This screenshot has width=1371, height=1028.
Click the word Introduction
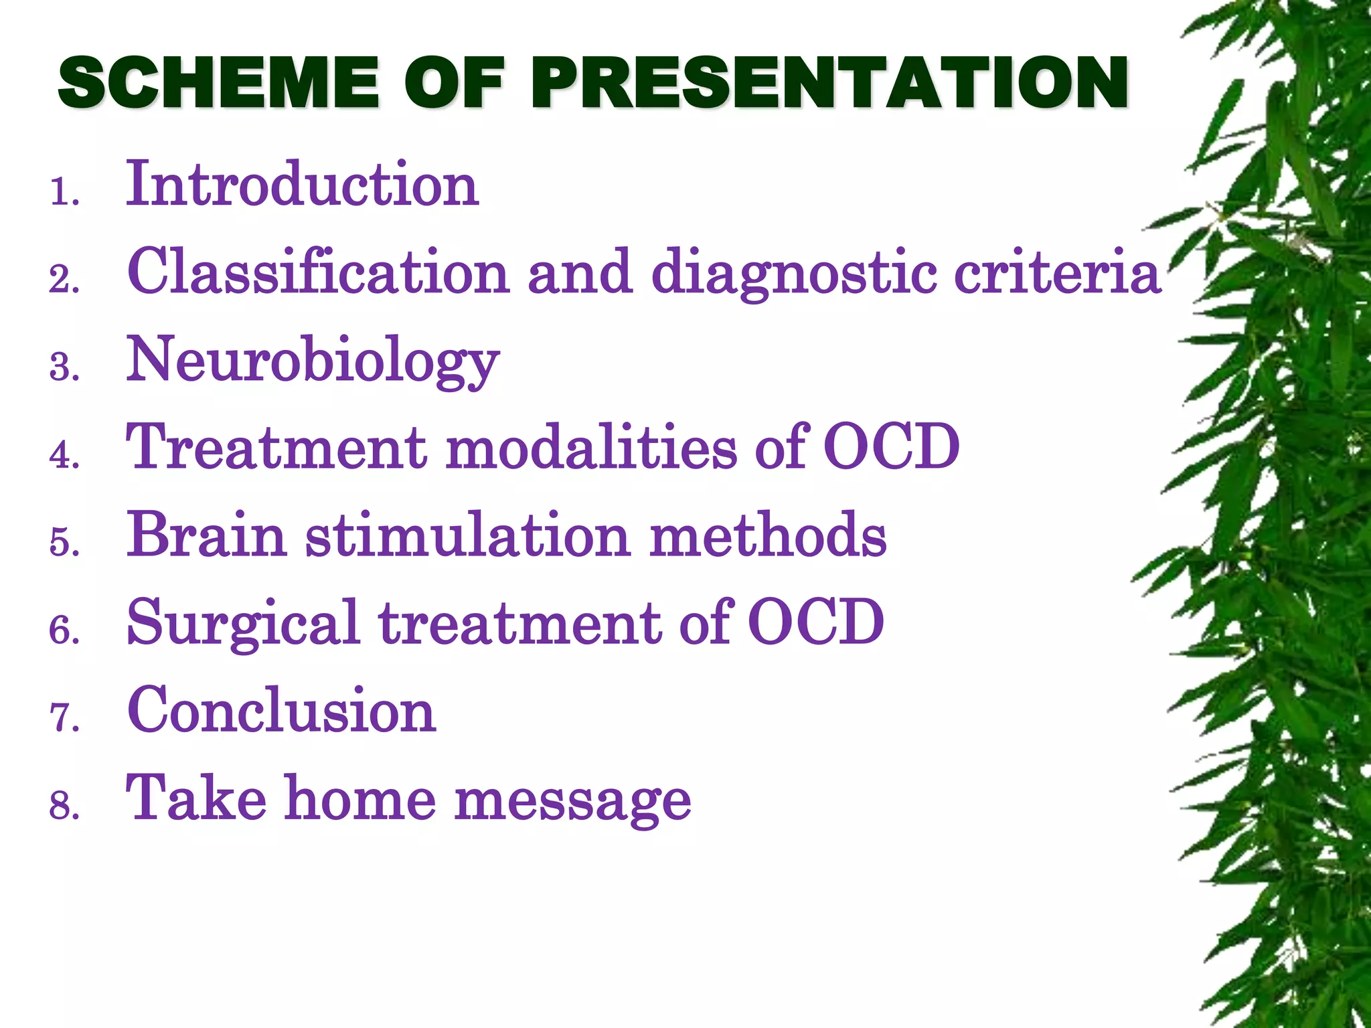click(302, 184)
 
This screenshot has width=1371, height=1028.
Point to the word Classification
click(318, 272)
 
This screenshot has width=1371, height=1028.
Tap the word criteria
click(1057, 272)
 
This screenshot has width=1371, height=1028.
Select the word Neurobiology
click(313, 361)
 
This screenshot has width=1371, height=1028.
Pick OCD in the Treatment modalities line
click(891, 447)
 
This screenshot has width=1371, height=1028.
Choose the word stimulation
click(468, 535)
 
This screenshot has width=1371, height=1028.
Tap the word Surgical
click(243, 624)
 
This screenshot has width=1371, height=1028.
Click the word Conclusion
click(281, 711)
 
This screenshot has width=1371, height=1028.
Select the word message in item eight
click(572, 800)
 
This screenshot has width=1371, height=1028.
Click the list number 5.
click(63, 541)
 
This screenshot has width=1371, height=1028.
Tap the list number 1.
click(63, 193)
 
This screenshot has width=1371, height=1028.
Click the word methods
click(768, 535)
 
